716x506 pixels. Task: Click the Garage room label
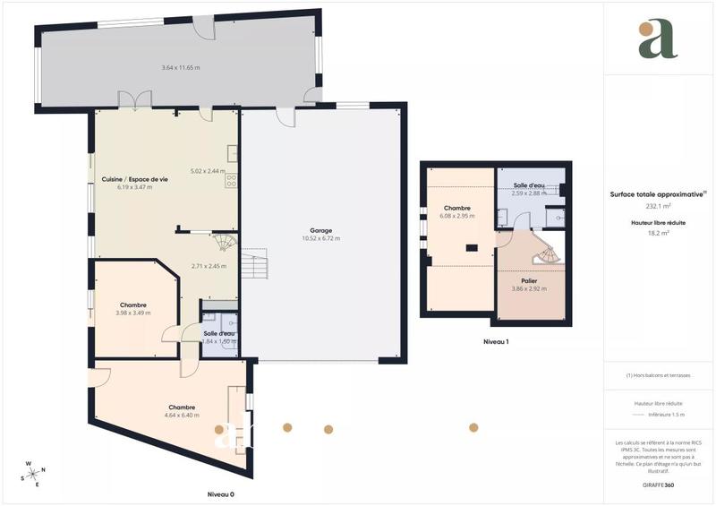click(321, 230)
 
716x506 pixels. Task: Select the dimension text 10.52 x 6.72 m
click(321, 238)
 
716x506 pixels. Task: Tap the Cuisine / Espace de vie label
click(135, 180)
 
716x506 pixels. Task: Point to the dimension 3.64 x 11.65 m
click(180, 68)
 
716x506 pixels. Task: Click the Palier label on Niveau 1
click(529, 280)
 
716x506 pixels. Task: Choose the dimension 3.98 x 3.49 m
click(132, 313)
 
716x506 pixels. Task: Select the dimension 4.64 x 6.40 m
click(181, 415)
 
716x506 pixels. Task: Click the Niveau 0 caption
click(220, 494)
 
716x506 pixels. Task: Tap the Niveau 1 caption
click(496, 342)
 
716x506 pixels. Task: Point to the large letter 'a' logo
click(658, 39)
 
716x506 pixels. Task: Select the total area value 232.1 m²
click(657, 204)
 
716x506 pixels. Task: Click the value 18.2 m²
click(657, 233)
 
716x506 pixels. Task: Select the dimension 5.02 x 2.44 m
click(208, 171)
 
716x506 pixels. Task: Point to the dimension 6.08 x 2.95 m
click(456, 216)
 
